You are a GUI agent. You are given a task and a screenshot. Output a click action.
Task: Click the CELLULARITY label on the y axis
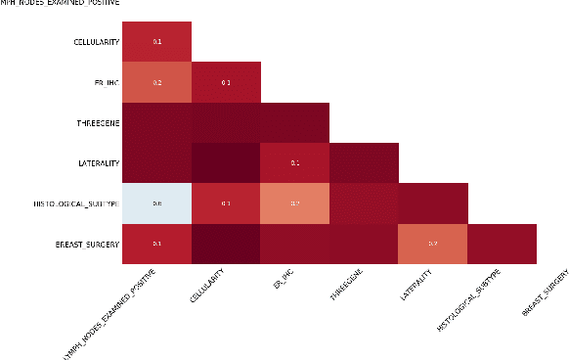[x=96, y=42]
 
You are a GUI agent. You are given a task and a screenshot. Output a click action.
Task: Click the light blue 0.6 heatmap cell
[x=157, y=203]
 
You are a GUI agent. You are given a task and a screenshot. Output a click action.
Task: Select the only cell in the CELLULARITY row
[x=157, y=42]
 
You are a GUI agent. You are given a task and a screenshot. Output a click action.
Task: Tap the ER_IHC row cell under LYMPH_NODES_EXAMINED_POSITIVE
[x=157, y=83]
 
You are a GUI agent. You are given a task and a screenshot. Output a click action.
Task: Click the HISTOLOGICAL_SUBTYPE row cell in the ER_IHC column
[x=295, y=203]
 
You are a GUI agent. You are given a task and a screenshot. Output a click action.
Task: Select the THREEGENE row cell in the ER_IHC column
[x=295, y=123]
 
